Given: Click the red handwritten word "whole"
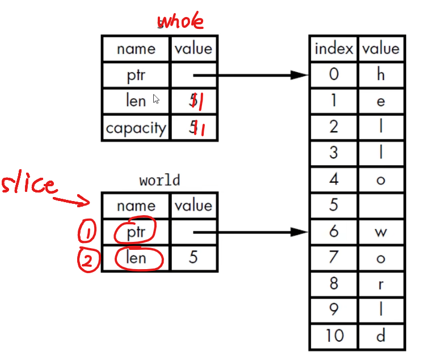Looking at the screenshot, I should (x=180, y=22).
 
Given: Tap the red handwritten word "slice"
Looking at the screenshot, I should (x=29, y=186).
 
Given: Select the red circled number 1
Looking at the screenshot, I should (x=88, y=231).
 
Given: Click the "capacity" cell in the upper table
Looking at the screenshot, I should (x=136, y=128).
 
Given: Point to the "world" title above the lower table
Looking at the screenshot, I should (x=159, y=181).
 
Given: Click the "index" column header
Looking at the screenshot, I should (x=334, y=49).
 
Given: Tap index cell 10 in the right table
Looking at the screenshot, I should (x=334, y=336).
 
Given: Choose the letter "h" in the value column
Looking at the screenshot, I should (x=381, y=75).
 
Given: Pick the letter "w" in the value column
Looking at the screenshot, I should (x=381, y=232).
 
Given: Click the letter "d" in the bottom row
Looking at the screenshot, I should (x=381, y=336).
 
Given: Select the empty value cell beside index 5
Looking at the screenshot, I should (x=381, y=205).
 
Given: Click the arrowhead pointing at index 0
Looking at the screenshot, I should (x=299, y=75).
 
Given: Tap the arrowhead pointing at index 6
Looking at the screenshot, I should (x=299, y=232).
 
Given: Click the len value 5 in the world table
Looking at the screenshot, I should (x=193, y=258).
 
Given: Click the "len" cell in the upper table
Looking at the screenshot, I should (x=136, y=101).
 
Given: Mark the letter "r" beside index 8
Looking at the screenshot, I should (x=381, y=284).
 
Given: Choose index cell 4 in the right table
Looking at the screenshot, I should (x=334, y=179).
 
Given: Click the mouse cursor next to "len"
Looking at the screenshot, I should (x=157, y=99).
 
